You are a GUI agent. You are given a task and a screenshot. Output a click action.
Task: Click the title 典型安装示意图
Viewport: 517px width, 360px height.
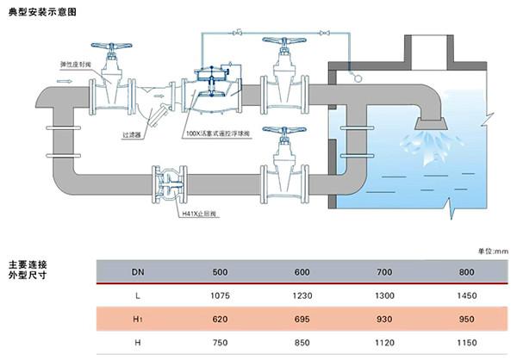click(x=42, y=12)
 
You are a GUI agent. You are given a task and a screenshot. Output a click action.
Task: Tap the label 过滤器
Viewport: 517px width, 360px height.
click(x=132, y=135)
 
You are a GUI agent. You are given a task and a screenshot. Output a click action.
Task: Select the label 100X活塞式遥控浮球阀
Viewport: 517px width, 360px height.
click(x=218, y=133)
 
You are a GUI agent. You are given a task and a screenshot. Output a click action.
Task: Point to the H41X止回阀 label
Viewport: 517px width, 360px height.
click(x=199, y=214)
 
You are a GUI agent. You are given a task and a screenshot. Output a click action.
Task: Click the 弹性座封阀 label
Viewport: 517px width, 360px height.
click(x=75, y=65)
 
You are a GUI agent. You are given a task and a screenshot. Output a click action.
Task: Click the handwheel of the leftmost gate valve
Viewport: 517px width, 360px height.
click(x=111, y=47)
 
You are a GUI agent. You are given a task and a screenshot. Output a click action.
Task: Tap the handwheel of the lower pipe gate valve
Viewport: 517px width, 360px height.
click(x=284, y=130)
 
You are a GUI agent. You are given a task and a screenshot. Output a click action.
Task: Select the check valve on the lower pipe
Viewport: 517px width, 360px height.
click(x=170, y=184)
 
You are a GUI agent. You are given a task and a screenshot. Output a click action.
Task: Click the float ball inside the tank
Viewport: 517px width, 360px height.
click(x=358, y=78)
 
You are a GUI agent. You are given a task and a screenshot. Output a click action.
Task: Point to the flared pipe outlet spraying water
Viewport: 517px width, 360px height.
click(x=431, y=124)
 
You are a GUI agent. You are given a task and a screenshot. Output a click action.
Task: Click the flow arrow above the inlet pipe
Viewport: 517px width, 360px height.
click(x=64, y=81)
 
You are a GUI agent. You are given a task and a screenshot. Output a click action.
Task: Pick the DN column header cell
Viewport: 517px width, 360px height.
click(x=138, y=272)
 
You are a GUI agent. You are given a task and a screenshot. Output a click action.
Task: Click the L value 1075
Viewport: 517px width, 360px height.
click(x=220, y=295)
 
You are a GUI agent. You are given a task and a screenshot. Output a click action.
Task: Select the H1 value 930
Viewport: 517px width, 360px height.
click(x=384, y=320)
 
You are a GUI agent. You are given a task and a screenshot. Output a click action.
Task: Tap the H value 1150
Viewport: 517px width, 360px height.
click(x=466, y=343)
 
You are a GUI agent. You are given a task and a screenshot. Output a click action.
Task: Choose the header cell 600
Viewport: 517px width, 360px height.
click(x=302, y=272)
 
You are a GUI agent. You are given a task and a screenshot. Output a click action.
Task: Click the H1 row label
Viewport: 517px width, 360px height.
click(x=138, y=320)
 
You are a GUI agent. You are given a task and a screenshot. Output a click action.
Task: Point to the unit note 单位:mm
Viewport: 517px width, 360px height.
click(x=493, y=251)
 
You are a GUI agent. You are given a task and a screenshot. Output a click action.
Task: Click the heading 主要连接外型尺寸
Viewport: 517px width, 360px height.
click(x=28, y=270)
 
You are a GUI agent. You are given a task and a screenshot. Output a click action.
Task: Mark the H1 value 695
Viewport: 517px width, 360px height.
click(x=302, y=320)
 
